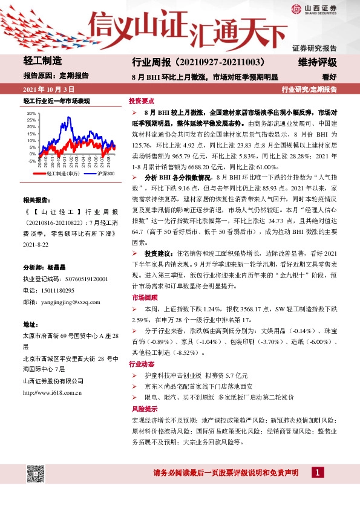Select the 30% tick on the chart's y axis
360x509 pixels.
click(32, 113)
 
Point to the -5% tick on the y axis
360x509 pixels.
click(32, 161)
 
